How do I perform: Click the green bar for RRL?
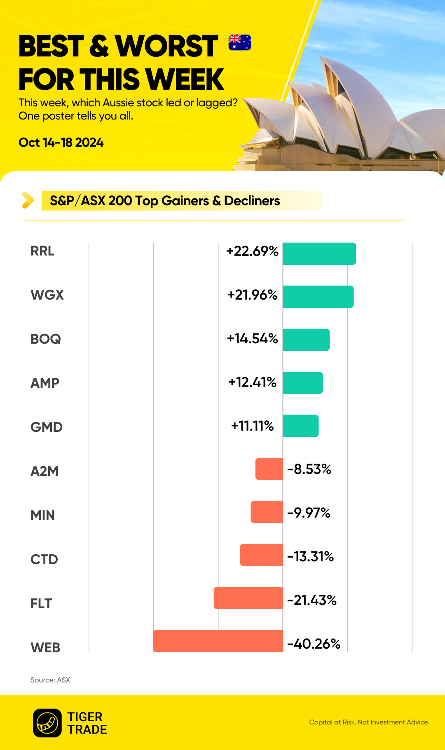319,254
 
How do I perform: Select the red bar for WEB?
218,641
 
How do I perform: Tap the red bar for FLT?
248,598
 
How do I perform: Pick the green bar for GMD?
301,426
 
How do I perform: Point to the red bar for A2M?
269,469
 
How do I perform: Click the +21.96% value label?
252,295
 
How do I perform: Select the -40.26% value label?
314,644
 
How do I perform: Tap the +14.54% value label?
252,338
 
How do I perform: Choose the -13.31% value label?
311,556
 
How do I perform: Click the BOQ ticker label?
46,339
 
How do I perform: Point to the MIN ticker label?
42,515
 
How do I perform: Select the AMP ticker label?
45,383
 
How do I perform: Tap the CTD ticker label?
44,559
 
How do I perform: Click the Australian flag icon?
240,42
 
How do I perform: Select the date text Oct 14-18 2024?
61,143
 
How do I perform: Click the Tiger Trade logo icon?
47,723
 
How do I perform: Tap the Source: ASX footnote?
50,680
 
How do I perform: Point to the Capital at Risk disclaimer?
369,722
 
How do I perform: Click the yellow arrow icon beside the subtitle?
28,200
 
